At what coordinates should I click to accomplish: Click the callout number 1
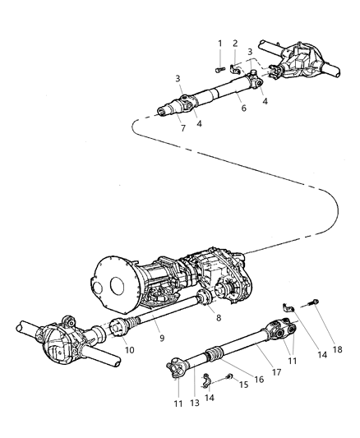click(219, 43)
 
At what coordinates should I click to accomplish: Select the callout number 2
click(236, 43)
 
